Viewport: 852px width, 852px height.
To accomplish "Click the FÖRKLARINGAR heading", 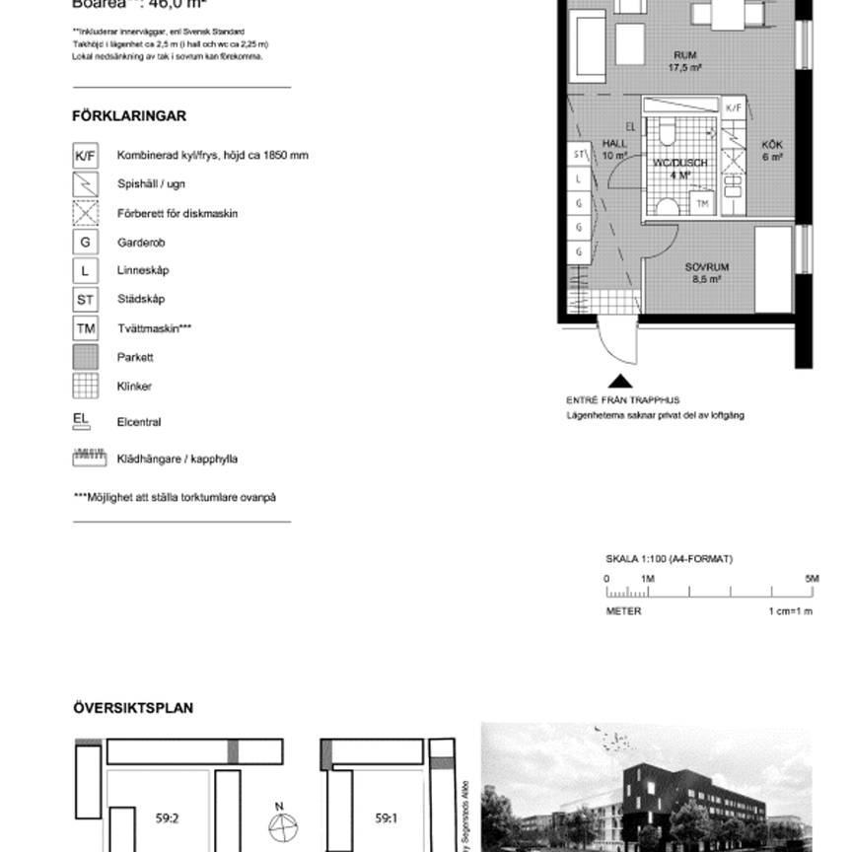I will point(129,116).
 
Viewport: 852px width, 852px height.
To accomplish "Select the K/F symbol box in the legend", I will point(86,156).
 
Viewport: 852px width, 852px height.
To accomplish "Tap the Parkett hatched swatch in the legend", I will point(86,357).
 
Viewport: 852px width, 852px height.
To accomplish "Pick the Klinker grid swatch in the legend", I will point(86,386).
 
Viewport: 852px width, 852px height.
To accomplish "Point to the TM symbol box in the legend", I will point(86,328).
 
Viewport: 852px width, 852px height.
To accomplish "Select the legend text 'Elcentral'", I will point(139,422).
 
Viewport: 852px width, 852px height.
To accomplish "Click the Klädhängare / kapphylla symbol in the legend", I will point(89,459).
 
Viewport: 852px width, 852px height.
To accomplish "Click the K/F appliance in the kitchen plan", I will point(733,106).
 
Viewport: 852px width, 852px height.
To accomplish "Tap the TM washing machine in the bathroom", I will point(702,203).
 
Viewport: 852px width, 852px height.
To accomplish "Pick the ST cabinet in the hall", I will point(579,155).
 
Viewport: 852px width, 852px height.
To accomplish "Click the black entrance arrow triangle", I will point(620,382).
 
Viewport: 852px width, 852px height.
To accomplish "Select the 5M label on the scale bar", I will point(812,579).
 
